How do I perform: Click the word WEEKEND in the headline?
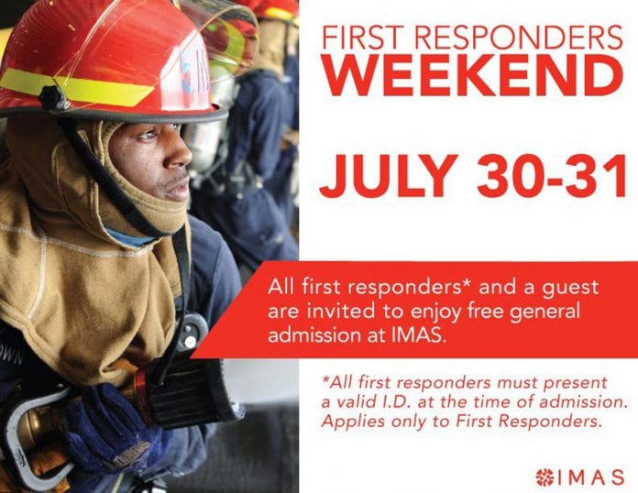coord(473,76)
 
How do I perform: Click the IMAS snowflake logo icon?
coord(544,477)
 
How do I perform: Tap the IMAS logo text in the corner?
coord(591,477)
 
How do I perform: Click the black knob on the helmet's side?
coord(54,98)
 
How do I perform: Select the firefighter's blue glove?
coord(114,432)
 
